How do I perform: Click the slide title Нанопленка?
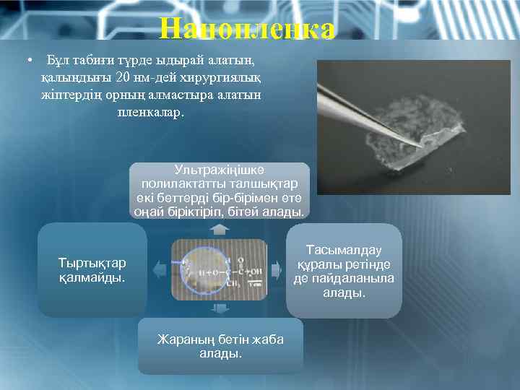248,29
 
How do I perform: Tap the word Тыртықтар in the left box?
92,261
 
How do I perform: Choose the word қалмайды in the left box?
92,277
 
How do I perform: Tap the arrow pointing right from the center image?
276,270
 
